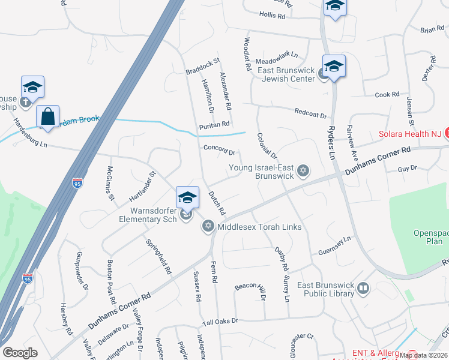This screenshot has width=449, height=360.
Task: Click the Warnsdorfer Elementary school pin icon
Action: click(x=187, y=197)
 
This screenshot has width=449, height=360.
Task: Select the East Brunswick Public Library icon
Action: click(x=363, y=289)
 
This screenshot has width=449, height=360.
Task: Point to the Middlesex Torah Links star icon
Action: click(x=208, y=226)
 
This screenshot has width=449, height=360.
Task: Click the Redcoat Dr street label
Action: click(x=310, y=113)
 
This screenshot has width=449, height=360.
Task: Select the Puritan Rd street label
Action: click(x=215, y=124)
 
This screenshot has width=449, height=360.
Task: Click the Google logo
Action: click(x=20, y=353)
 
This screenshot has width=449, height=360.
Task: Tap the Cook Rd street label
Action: click(x=387, y=95)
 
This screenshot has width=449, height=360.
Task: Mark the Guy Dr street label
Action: click(x=406, y=169)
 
